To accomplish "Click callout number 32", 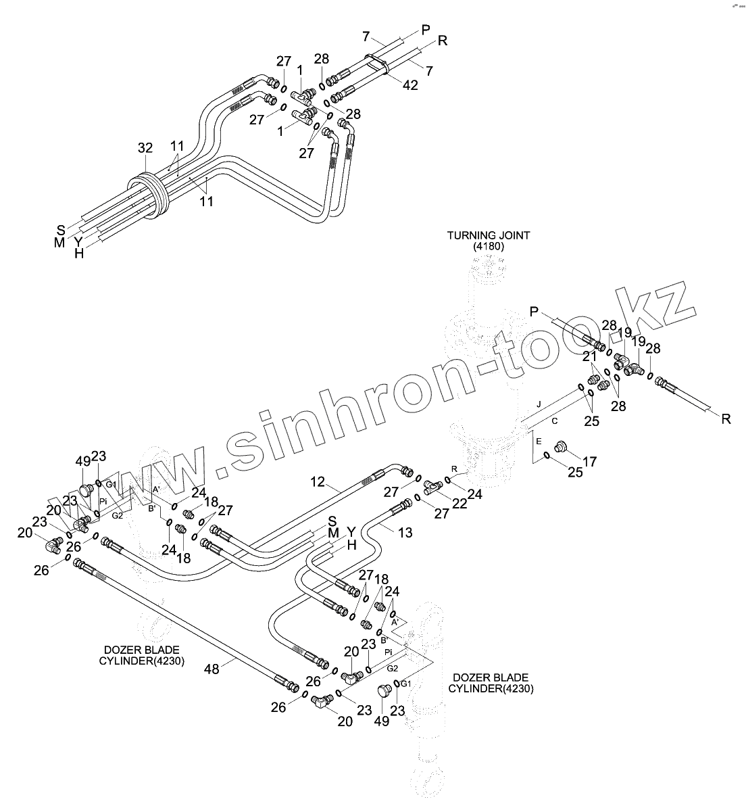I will (145, 148).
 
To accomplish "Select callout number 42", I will (410, 85).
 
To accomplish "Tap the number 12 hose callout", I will (318, 482).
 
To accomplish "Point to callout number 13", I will (404, 533).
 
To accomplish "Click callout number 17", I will (589, 462).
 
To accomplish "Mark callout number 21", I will (590, 356).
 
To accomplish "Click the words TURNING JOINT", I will (489, 235).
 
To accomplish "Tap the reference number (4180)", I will (489, 247).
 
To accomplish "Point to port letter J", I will (539, 404).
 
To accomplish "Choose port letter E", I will (539, 440).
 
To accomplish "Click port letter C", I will (554, 421).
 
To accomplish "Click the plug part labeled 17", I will (560, 447).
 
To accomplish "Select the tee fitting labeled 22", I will (431, 485).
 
